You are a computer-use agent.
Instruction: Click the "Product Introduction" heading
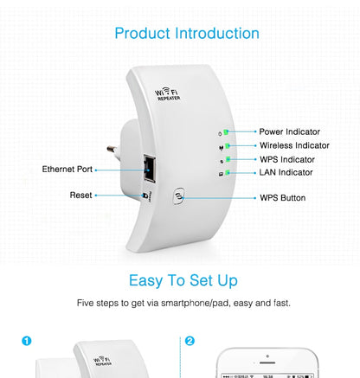(186, 34)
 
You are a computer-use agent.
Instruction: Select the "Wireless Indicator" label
(294, 145)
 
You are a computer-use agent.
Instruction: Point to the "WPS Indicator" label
(287, 159)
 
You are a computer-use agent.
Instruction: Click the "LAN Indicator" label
(286, 173)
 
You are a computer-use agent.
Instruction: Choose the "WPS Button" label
(282, 198)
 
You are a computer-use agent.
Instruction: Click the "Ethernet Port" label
(67, 170)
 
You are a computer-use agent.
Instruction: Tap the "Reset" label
(80, 195)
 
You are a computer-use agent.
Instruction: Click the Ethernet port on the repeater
(151, 169)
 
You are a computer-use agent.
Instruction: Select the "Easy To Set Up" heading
(183, 280)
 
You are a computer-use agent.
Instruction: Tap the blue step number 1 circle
(27, 341)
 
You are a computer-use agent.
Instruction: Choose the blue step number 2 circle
(190, 341)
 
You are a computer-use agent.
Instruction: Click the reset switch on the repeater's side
(144, 195)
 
